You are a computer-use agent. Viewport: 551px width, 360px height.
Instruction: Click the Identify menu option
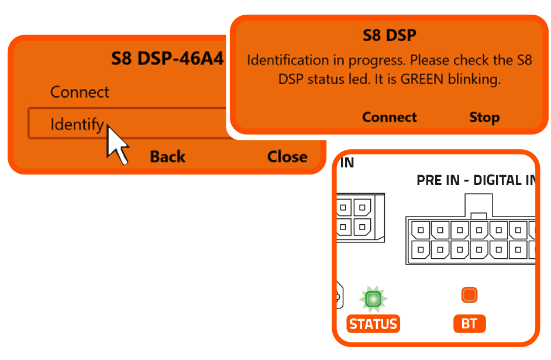(77, 125)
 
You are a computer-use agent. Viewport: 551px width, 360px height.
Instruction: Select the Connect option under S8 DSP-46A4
(80, 92)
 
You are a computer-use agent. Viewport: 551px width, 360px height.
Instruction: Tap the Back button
(167, 157)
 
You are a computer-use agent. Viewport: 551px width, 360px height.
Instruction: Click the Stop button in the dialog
(484, 118)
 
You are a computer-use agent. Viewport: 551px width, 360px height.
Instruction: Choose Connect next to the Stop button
(389, 118)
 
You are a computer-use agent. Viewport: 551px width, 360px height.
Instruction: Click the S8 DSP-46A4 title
(167, 59)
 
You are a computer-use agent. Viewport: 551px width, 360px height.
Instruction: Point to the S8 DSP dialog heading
(389, 35)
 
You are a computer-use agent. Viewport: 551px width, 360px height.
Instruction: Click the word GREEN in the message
(422, 80)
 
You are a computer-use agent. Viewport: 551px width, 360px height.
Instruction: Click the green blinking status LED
(373, 299)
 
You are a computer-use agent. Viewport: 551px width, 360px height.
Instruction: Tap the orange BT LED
(469, 295)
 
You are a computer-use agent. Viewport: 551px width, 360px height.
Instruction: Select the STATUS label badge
(373, 324)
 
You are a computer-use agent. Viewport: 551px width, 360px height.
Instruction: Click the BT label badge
(469, 324)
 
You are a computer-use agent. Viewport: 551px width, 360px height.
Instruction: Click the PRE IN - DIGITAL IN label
(475, 180)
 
